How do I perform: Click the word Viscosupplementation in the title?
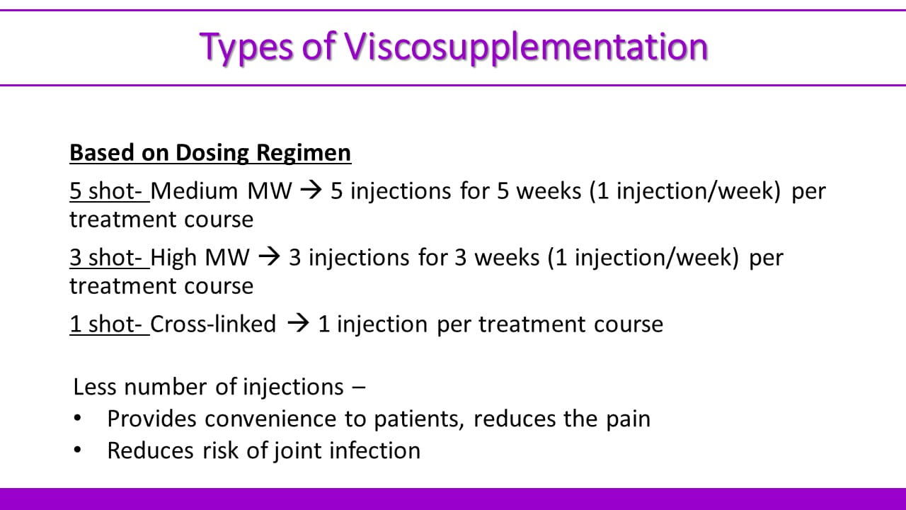coord(526,47)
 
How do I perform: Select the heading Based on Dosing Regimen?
coord(210,152)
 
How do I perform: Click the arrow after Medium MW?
coord(311,191)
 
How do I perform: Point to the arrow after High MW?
coord(269,257)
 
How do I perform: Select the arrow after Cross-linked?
coord(298,324)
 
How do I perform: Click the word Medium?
coord(194,191)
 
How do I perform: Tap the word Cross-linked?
coord(213,324)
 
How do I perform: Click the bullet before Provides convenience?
coord(77,418)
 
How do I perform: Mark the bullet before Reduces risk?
coord(77,450)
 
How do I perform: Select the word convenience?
coord(270,419)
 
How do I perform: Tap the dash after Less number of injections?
coord(359,387)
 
